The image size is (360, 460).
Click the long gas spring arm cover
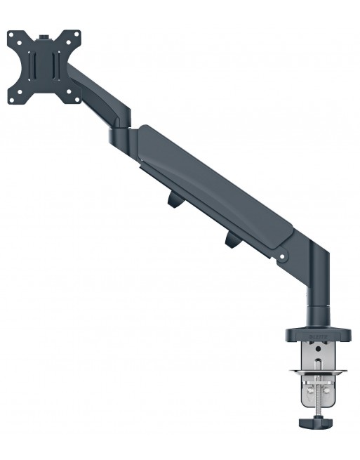click(x=211, y=190)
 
